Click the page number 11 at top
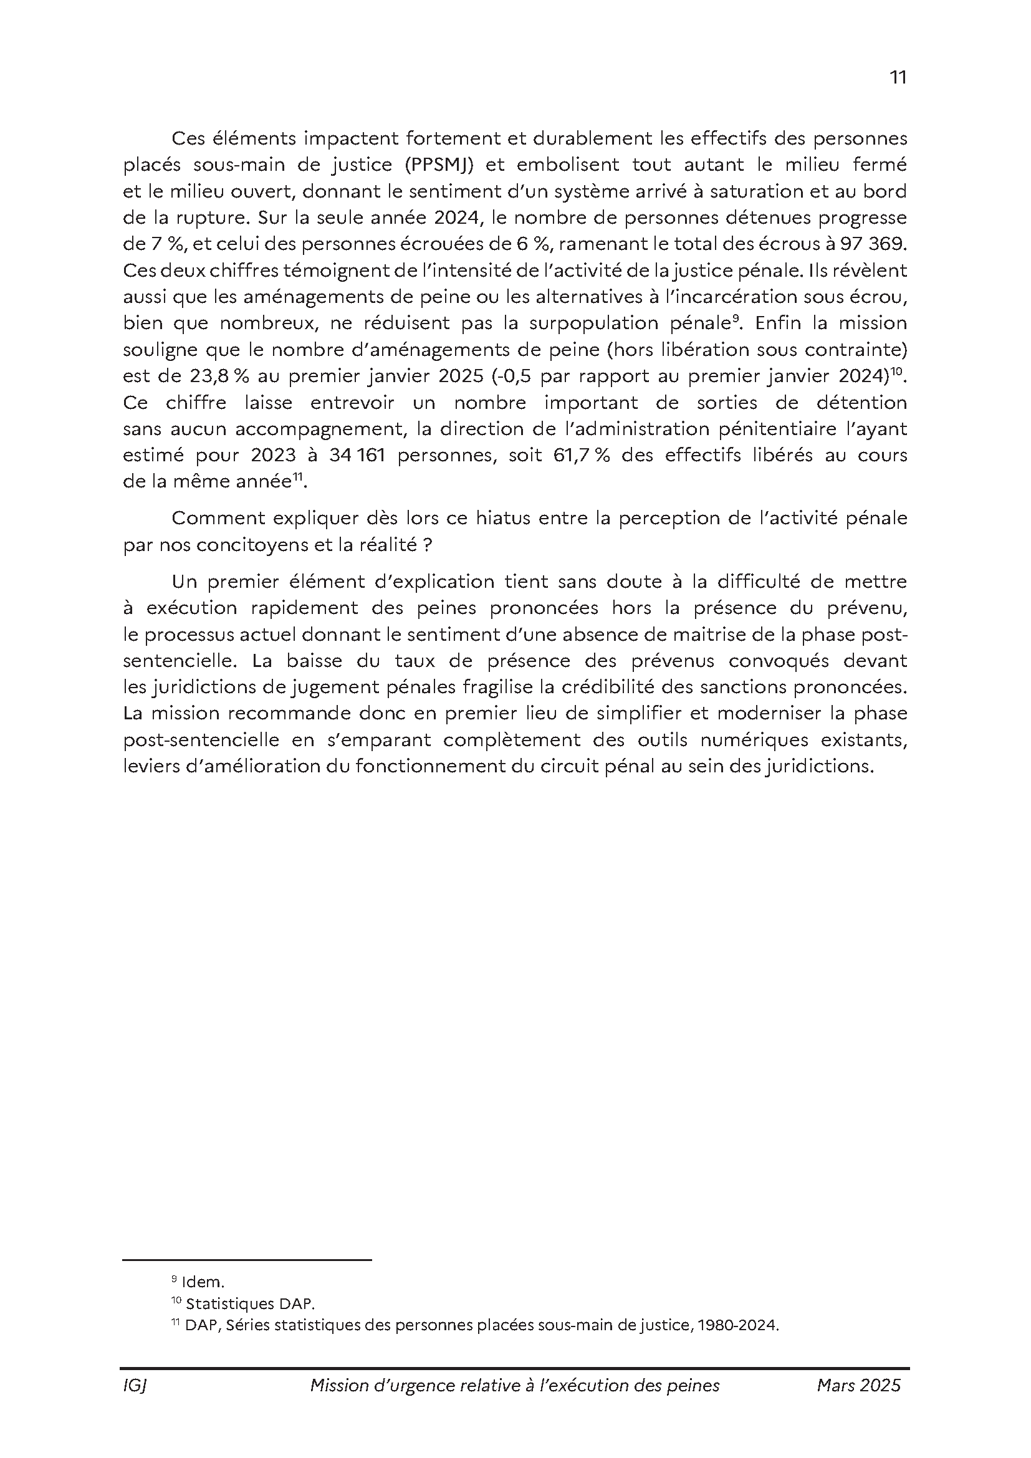click(x=898, y=77)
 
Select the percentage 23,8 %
click(x=214, y=376)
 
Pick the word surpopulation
click(x=595, y=324)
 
